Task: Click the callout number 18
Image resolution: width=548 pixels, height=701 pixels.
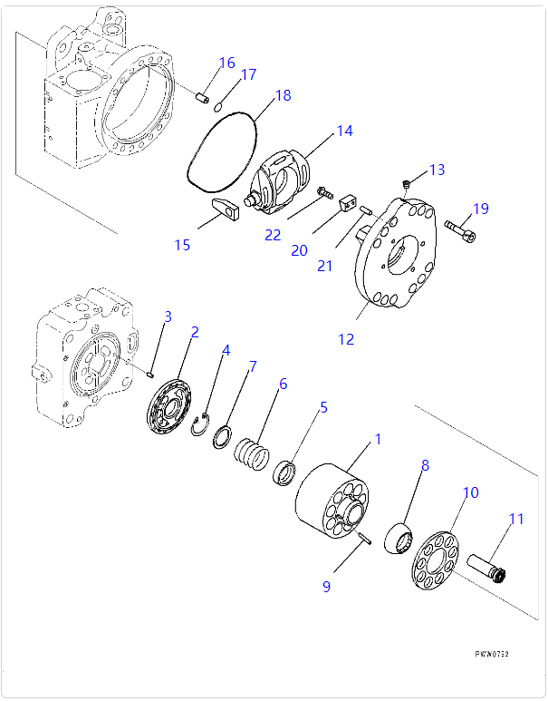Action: [x=283, y=95]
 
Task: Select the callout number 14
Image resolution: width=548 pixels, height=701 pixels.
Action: [x=344, y=131]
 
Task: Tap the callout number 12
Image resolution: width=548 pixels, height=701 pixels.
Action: [x=346, y=340]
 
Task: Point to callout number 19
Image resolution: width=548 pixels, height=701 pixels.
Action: [x=480, y=209]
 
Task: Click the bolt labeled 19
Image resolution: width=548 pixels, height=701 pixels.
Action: [x=459, y=230]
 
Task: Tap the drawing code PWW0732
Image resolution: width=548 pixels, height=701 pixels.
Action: [x=493, y=653]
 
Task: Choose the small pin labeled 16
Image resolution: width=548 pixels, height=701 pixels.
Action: [x=204, y=97]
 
